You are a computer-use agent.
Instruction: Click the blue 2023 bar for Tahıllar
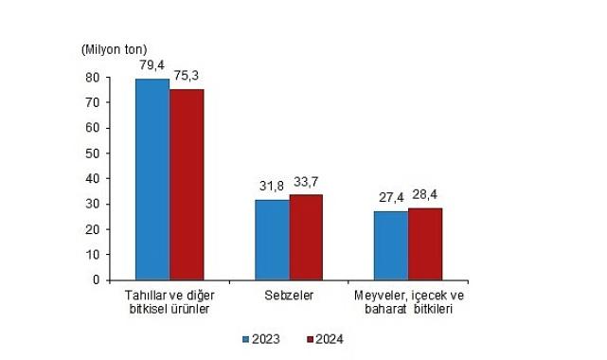[152, 179]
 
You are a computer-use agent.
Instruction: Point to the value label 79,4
[152, 66]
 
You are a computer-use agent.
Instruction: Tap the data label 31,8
[271, 188]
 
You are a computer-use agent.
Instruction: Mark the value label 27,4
[390, 197]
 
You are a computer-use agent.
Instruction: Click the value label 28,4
[426, 195]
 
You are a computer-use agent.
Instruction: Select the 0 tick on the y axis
[98, 279]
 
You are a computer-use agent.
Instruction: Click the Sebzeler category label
[289, 296]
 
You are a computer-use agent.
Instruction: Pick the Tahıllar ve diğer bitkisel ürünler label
[170, 302]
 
